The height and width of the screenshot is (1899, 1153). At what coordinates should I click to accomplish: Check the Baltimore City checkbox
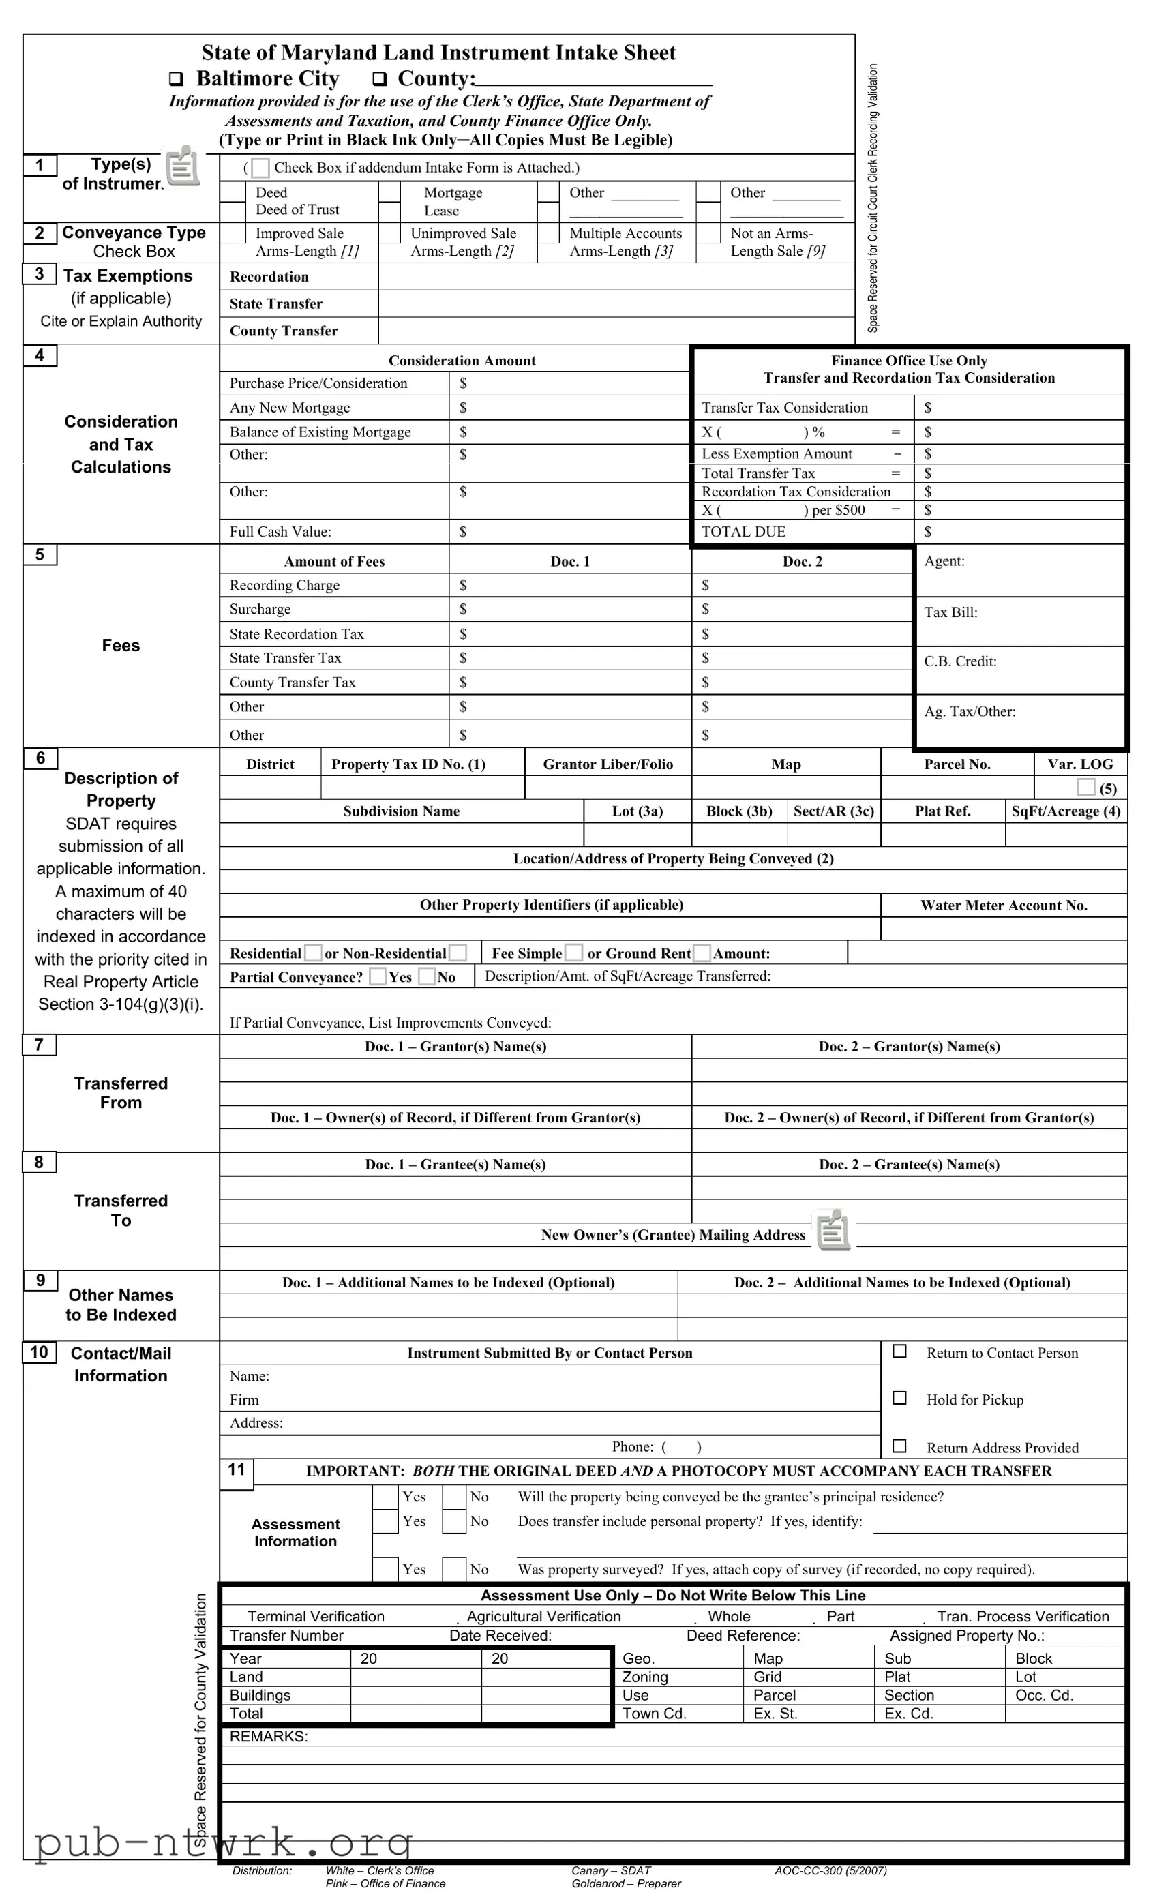point(177,79)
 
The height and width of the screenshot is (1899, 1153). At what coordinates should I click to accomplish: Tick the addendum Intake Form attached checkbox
point(260,168)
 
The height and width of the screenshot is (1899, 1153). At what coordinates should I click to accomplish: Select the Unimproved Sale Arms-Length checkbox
point(390,233)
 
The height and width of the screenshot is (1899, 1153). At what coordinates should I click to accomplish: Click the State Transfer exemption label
point(276,303)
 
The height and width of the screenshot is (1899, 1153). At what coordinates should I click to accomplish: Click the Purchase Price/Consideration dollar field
point(569,383)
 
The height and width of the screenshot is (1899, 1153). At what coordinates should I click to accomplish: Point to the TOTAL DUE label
point(743,532)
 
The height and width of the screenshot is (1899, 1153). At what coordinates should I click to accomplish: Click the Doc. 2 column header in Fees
point(803,562)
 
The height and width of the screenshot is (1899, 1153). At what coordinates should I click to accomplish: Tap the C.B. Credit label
point(960,661)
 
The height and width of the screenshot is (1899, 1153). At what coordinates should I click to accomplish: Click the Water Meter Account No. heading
point(1004,906)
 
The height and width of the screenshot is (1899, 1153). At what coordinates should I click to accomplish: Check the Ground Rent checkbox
point(702,953)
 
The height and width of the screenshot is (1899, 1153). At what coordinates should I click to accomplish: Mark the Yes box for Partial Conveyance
point(378,976)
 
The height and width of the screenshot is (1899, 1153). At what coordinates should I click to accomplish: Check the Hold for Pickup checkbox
point(899,1398)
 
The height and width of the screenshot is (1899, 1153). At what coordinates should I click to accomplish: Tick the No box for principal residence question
point(454,1497)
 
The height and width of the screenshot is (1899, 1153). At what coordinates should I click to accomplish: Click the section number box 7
point(40,1045)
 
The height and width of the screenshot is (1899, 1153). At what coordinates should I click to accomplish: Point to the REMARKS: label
point(268,1737)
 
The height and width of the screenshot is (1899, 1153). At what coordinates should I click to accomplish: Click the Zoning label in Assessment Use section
point(645,1677)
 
